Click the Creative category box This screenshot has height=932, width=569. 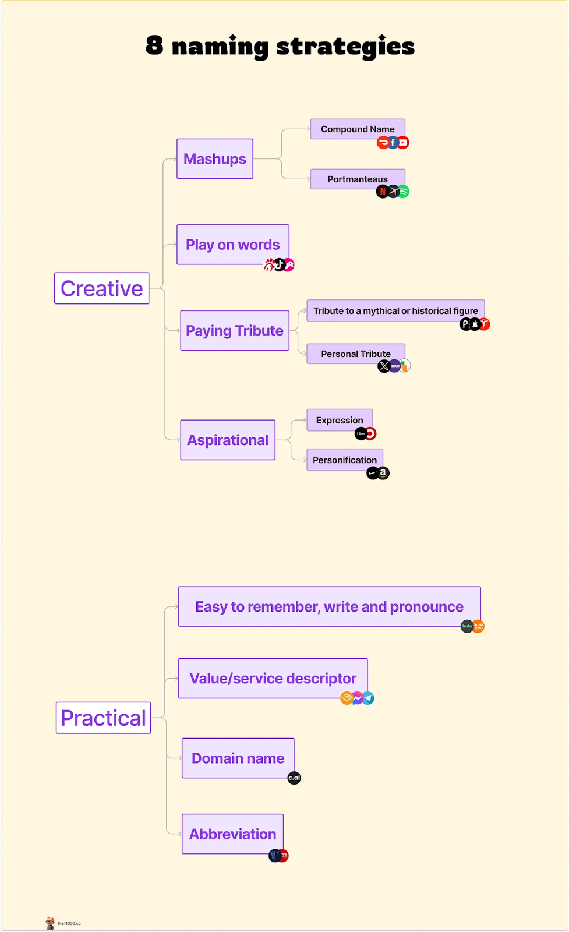[x=102, y=288]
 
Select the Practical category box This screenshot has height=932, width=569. [x=104, y=718]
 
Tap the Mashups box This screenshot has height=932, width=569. [x=215, y=158]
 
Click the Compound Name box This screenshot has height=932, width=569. [x=358, y=129]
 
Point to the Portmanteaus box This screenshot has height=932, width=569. [x=358, y=179]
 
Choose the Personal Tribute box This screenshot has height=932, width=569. [x=356, y=354]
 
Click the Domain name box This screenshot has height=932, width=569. [x=238, y=758]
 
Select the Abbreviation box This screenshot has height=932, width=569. [x=233, y=834]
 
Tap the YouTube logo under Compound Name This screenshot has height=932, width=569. [x=403, y=143]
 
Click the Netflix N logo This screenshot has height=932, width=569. [x=382, y=192]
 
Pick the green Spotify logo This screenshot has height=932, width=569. [x=403, y=192]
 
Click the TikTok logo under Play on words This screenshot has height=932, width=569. [x=280, y=265]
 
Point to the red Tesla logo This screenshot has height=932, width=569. [x=485, y=324]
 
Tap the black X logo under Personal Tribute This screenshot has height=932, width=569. [x=384, y=366]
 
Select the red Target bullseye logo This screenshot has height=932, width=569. [x=370, y=434]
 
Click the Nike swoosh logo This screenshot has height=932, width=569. [x=373, y=474]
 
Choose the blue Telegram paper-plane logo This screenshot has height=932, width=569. [x=368, y=698]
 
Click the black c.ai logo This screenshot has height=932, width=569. [x=294, y=778]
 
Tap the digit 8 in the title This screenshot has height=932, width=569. [x=154, y=45]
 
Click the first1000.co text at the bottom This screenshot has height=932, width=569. [x=69, y=923]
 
